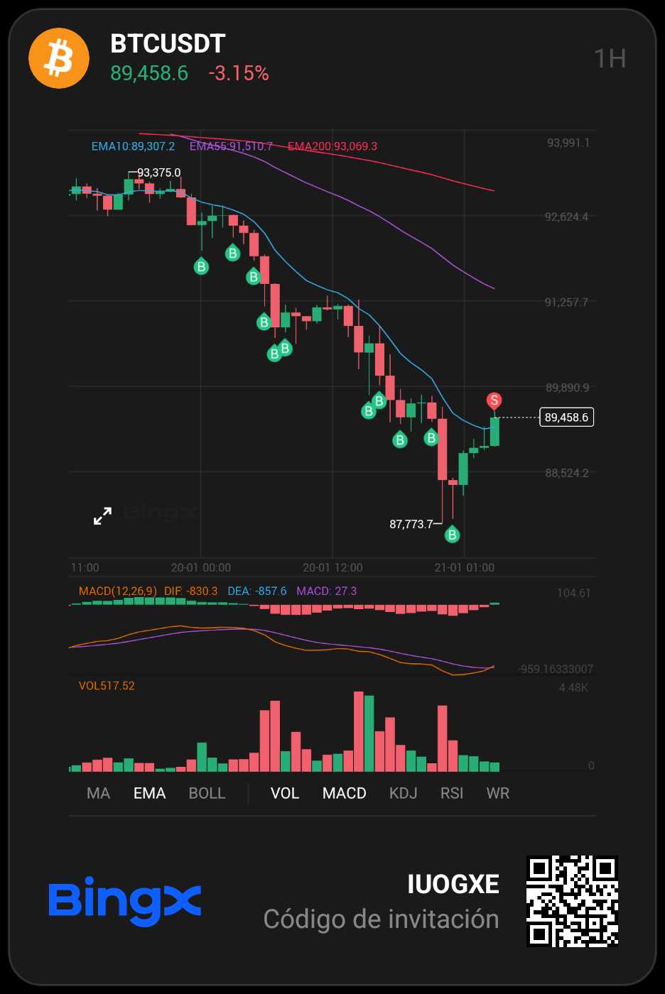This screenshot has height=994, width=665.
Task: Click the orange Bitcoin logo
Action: click(x=59, y=58)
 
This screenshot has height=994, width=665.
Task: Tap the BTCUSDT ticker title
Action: click(x=168, y=44)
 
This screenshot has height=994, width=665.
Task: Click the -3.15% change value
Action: click(x=239, y=73)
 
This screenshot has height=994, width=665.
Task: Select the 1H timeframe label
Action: click(x=610, y=59)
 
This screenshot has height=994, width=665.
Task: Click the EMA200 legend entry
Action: click(x=332, y=146)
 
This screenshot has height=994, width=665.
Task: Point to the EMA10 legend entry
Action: click(x=133, y=146)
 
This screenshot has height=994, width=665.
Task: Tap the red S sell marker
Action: click(x=494, y=401)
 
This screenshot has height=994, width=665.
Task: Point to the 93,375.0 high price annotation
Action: click(x=158, y=173)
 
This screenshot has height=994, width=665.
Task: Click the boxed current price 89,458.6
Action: click(x=566, y=417)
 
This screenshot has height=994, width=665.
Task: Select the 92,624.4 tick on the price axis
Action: click(x=566, y=217)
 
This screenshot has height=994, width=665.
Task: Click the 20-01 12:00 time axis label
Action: click(x=332, y=567)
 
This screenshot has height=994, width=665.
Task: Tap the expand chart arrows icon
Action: click(x=103, y=516)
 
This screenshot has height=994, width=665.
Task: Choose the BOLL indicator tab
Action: click(x=207, y=793)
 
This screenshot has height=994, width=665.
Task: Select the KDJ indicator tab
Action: click(x=403, y=793)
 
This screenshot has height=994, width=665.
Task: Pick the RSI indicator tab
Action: click(x=452, y=793)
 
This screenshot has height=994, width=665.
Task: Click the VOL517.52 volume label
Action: click(x=107, y=686)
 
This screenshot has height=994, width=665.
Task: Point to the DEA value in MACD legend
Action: click(x=257, y=591)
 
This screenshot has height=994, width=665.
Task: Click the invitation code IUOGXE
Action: click(x=453, y=884)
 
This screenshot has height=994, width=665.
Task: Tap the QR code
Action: click(x=572, y=901)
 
